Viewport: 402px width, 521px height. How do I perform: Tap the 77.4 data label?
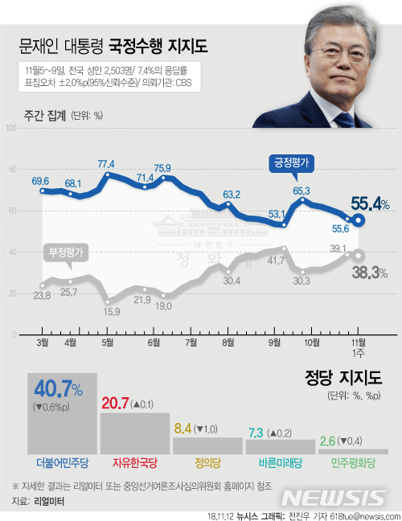click(x=106, y=164)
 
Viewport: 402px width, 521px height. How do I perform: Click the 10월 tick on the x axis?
click(x=311, y=340)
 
